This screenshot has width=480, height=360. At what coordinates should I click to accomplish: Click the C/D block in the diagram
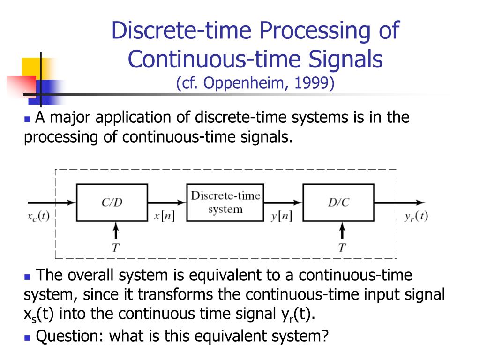click(x=112, y=202)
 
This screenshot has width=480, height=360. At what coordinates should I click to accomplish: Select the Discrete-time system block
click(x=225, y=202)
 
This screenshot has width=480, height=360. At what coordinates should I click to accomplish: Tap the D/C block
click(x=338, y=202)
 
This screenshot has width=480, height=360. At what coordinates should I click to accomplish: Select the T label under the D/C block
click(x=343, y=247)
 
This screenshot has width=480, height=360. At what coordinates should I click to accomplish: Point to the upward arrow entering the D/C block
click(x=343, y=231)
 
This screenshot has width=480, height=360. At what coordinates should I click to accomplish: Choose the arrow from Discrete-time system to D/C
click(x=283, y=202)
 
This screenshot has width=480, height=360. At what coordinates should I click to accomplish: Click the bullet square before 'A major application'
click(x=27, y=119)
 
